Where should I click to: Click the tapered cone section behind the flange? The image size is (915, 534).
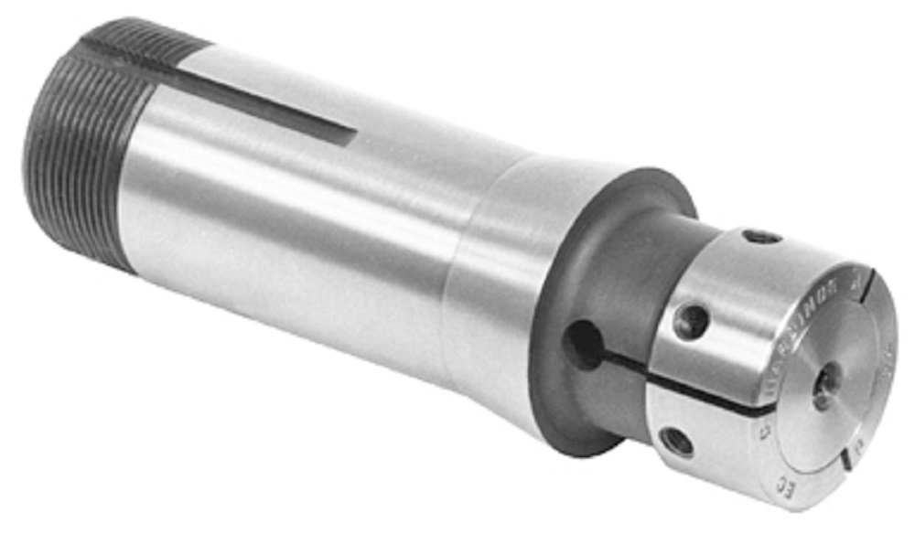pos(512,274)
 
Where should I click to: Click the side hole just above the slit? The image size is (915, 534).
pos(691,321)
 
